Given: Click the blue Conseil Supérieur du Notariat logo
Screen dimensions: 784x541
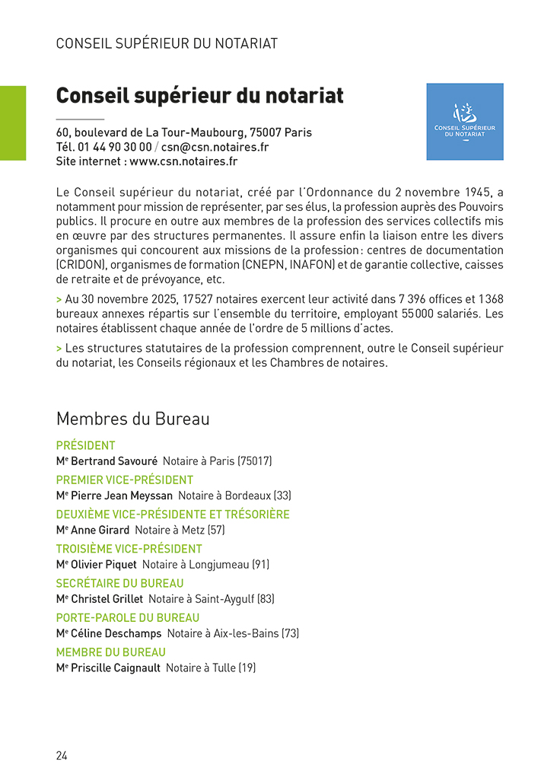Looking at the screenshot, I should coord(464,121).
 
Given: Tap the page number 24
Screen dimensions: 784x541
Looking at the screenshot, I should coord(62,756).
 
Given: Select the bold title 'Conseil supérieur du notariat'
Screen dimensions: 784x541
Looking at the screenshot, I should coord(199,97).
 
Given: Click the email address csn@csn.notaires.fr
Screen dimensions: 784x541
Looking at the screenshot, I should coord(215,147).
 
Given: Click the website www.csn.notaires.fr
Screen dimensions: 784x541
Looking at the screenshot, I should coord(183,161).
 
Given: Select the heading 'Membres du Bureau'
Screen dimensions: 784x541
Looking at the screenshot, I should coord(132,419).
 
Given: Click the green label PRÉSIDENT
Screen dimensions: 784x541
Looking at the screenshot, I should coord(85,445).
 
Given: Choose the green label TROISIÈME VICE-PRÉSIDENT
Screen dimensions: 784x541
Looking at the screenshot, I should coord(129,549).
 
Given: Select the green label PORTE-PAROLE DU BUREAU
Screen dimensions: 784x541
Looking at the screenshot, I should coord(128,617).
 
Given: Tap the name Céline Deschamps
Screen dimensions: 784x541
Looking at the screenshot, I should coord(116,633).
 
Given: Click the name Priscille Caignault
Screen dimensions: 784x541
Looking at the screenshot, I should coord(116,668).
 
